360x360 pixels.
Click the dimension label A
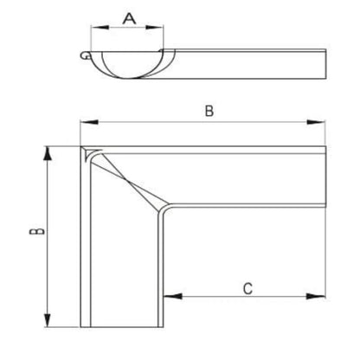pyautogui.click(x=129, y=17)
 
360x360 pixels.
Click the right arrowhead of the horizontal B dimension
pyautogui.click(x=327, y=124)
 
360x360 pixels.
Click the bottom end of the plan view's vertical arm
pyautogui.click(x=121, y=326)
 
